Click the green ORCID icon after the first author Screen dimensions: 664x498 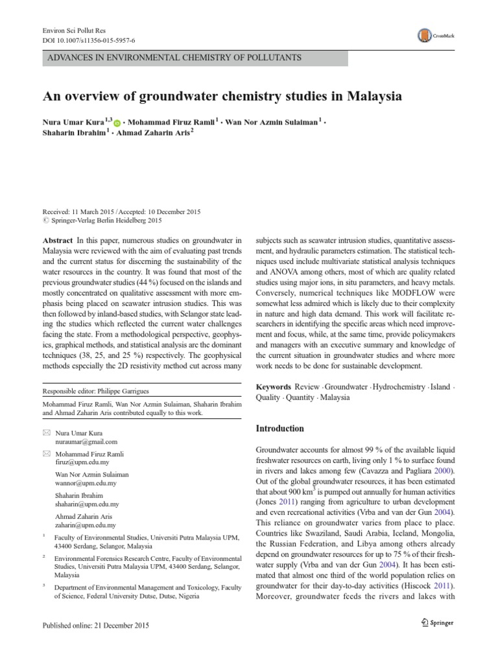[117, 123]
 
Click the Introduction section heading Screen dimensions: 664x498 [280, 429]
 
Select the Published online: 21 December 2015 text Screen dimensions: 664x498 [95, 625]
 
